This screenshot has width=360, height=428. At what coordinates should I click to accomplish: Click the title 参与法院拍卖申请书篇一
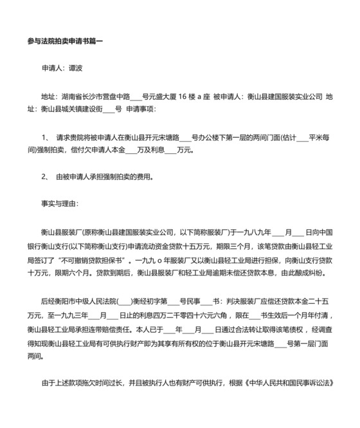pyautogui.click(x=65, y=41)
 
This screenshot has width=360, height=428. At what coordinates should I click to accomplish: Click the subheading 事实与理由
pyautogui.click(x=62, y=205)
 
